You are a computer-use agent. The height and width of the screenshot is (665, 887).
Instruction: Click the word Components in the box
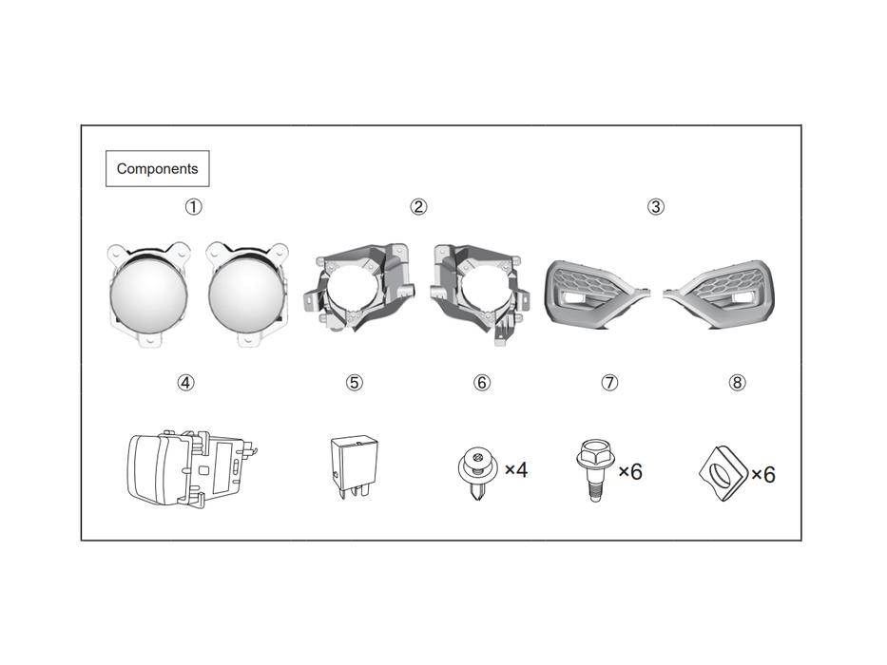click(x=157, y=169)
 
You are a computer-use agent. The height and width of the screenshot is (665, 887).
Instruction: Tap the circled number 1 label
click(x=193, y=206)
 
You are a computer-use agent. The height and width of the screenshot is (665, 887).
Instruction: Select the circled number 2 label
click(x=418, y=206)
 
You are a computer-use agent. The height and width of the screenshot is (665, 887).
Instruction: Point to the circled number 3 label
click(x=655, y=206)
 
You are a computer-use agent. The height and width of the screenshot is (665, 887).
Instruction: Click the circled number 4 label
click(x=185, y=383)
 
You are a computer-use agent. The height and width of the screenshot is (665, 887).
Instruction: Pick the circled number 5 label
click(x=354, y=383)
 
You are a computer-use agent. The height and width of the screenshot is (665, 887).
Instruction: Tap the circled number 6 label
click(x=482, y=383)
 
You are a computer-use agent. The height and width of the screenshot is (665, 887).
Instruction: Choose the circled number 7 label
click(x=609, y=383)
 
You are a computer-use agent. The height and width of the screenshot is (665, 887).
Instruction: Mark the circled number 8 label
click(x=737, y=383)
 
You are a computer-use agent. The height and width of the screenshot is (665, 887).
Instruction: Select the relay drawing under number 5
click(x=353, y=463)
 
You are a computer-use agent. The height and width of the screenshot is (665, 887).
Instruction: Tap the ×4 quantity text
click(x=515, y=469)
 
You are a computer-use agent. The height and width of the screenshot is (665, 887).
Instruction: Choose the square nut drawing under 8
click(x=723, y=470)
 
